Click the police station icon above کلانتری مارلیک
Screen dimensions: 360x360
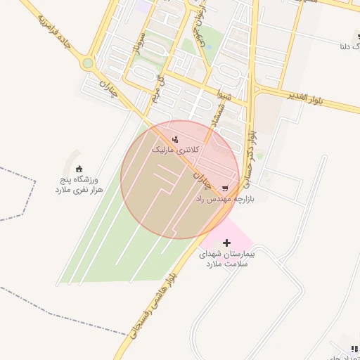[175, 139]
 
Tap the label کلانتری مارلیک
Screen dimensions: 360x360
[176, 150]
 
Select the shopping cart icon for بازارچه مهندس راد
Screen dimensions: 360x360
[225, 188]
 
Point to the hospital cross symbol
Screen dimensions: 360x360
[226, 243]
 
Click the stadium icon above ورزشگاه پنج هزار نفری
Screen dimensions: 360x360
[79, 169]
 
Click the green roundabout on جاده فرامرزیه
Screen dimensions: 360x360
[87, 63]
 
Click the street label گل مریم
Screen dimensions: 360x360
[160, 88]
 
